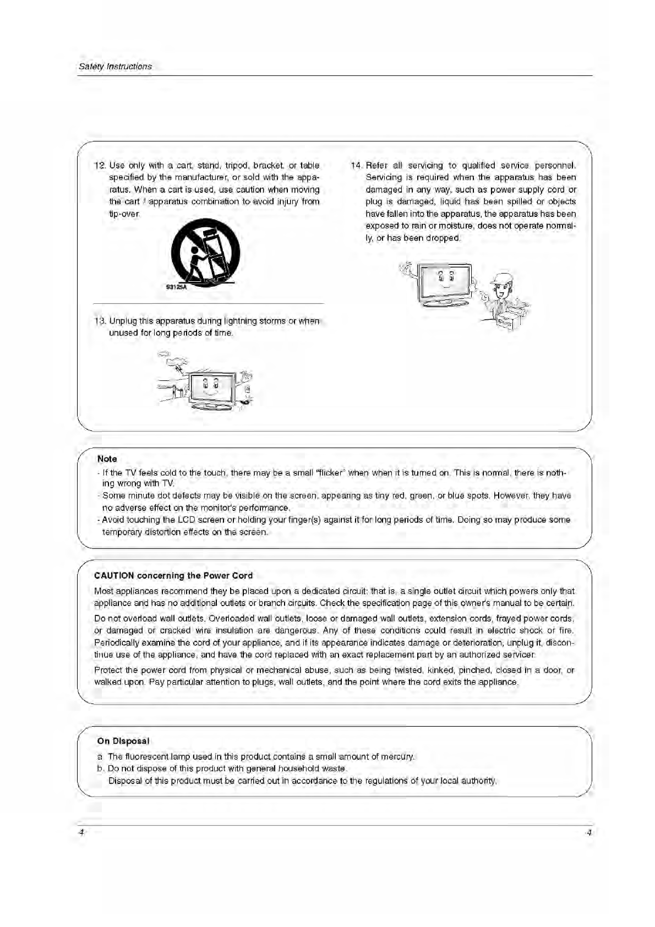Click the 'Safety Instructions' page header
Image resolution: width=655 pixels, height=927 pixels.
pos(115,67)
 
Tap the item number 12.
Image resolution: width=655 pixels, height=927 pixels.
pos(100,166)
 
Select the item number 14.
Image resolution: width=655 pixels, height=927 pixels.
pos(356,166)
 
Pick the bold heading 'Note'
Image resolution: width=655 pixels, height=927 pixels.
pos(107,459)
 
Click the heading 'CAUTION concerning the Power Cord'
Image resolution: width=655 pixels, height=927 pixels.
pos(173,576)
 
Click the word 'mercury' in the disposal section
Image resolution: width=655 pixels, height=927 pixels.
pos(399,757)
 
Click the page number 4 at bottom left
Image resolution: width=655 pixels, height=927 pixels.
pos(80,832)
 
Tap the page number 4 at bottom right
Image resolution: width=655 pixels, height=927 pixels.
pos(589,832)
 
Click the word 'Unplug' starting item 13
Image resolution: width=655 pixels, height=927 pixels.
pos(123,321)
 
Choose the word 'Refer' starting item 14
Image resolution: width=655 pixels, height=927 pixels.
pos(376,166)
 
